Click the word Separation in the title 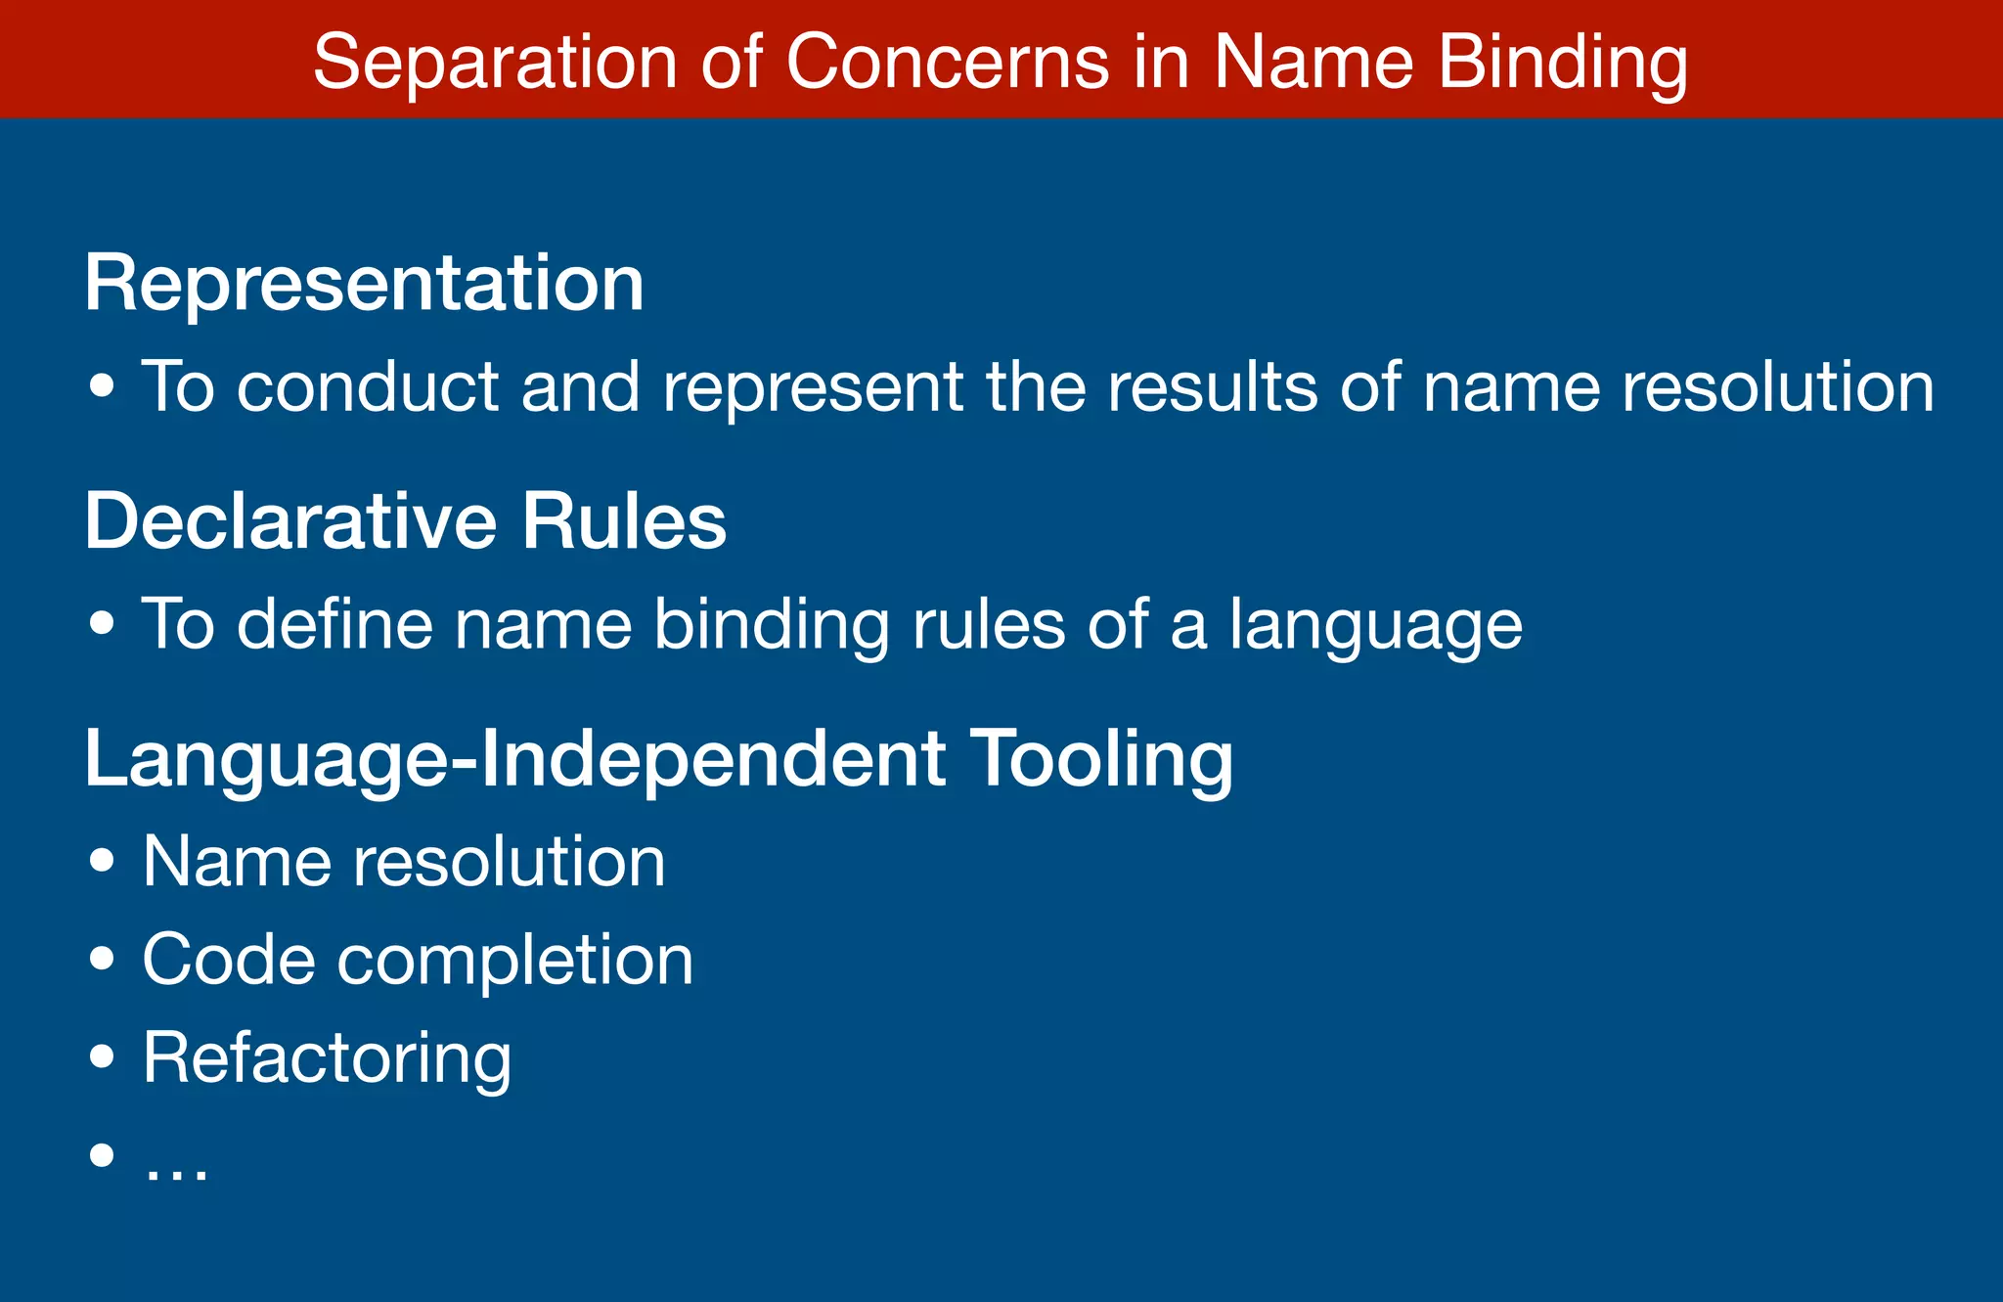tap(495, 63)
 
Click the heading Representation tap(364, 284)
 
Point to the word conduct tap(368, 386)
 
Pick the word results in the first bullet tap(1213, 386)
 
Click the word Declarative tap(289, 521)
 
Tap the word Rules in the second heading tap(624, 521)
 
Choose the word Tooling tap(1102, 761)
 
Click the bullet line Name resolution tap(404, 862)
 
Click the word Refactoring tap(327, 1059)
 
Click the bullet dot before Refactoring tap(102, 1057)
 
